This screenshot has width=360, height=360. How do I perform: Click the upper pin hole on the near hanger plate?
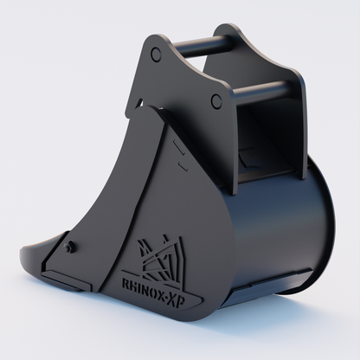157,54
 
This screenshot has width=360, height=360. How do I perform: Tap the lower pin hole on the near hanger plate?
215,100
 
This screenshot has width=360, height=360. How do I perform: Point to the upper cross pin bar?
201,46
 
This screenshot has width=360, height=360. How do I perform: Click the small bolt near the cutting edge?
68,246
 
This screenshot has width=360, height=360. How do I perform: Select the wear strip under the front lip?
67,280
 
